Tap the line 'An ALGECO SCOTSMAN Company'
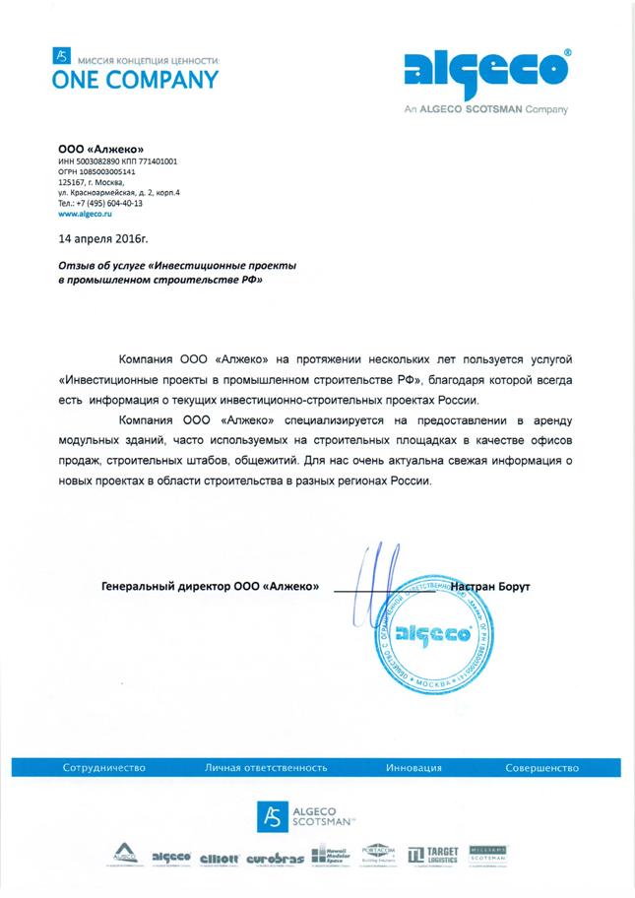click(x=485, y=110)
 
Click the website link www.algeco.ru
click(x=87, y=213)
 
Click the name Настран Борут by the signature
click(x=491, y=587)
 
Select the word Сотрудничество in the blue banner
click(x=104, y=767)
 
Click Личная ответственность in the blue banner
click(x=266, y=767)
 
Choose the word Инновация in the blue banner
click(x=413, y=767)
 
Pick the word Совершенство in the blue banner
click(x=542, y=767)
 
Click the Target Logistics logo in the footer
click(x=432, y=856)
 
